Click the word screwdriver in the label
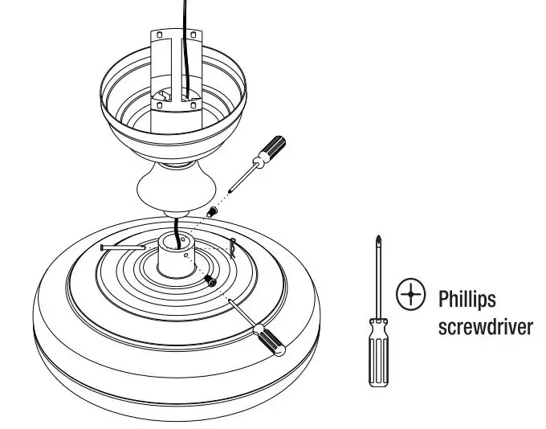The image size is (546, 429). click(486, 329)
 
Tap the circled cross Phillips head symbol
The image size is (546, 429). click(410, 296)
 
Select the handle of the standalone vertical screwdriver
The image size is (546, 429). click(377, 353)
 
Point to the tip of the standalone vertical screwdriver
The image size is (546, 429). click(377, 239)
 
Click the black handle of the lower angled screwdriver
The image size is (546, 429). click(269, 340)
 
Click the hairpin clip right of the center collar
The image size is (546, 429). click(233, 245)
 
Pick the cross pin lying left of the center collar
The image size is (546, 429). click(121, 247)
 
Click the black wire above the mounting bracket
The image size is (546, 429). click(191, 12)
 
